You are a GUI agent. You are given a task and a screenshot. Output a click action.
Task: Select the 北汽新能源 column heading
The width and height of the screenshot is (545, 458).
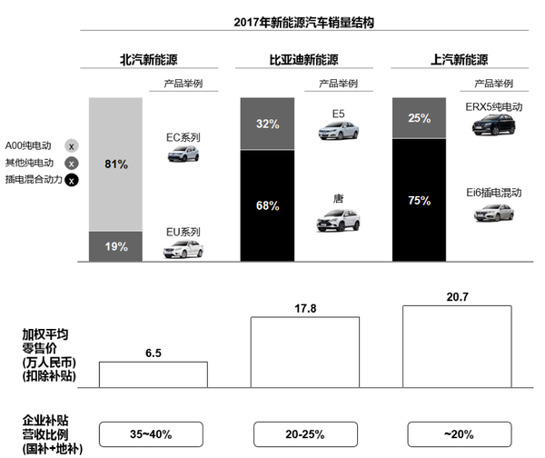(148, 61)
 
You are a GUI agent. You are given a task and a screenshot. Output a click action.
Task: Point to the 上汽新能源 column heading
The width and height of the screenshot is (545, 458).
(460, 61)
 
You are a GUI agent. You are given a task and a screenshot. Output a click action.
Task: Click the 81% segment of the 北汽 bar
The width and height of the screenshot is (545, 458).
(116, 164)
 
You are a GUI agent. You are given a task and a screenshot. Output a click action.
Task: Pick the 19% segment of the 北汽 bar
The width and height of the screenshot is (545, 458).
(116, 246)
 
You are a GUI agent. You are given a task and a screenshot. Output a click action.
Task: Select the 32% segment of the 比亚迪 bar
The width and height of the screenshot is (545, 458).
(267, 124)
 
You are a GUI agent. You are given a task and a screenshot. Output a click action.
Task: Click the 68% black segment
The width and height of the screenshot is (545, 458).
(267, 205)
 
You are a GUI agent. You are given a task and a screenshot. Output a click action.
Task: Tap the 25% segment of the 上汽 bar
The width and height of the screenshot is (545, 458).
(419, 118)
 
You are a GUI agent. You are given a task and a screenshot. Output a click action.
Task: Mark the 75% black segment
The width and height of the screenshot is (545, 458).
(419, 201)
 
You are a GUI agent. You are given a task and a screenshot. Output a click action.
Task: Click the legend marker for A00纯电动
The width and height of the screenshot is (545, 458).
(72, 145)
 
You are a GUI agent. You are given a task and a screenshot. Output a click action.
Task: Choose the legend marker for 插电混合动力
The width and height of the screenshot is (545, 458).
(72, 180)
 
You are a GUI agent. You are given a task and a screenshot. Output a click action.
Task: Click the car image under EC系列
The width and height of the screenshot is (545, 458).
(183, 154)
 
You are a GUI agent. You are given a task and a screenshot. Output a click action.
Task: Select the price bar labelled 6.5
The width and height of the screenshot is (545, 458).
(153, 374)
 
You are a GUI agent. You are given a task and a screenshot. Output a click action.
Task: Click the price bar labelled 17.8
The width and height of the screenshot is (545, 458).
(304, 352)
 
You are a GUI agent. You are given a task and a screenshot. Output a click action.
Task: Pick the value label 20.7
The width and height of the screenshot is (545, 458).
(457, 297)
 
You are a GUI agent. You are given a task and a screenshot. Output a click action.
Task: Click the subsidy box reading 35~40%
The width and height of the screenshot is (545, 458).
(153, 433)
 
